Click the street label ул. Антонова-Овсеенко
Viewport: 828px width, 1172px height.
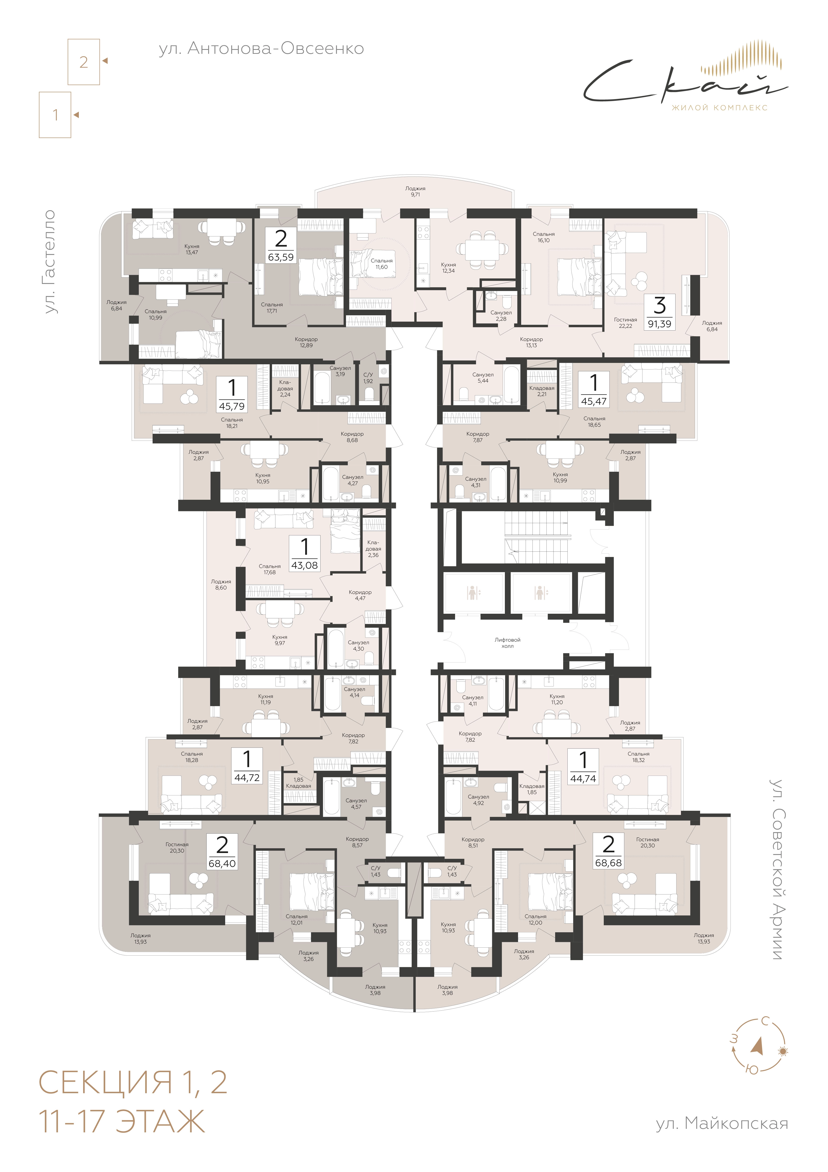pos(261,49)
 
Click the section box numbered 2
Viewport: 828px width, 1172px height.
pos(84,62)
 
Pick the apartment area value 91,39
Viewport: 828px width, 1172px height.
pos(659,324)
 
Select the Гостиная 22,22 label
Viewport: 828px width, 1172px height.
pos(625,323)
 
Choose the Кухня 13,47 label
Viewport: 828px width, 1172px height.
pos(192,249)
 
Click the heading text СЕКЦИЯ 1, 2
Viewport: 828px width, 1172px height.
pos(133,1082)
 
